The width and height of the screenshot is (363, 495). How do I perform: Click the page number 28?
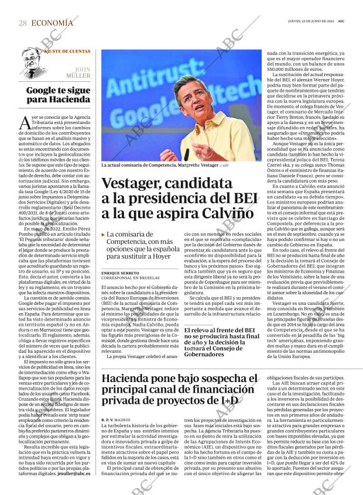coord(22,23)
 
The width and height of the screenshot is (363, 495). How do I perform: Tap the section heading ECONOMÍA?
coord(52,23)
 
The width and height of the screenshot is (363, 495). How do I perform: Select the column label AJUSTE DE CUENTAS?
coord(59,50)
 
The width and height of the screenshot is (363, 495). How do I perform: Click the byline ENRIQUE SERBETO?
coord(121,273)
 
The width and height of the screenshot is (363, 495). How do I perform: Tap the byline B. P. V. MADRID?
coord(115,420)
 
